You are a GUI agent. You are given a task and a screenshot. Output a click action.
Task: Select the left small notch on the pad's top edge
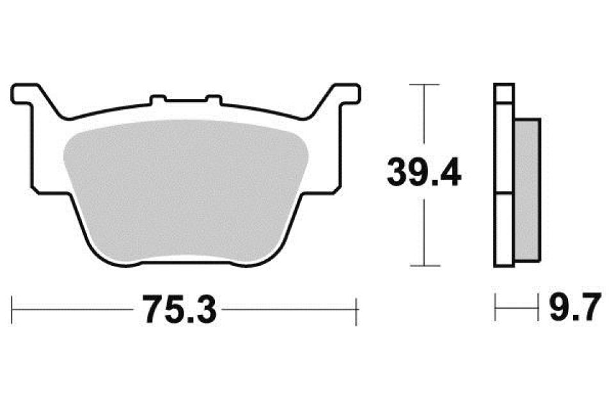(x=157, y=100)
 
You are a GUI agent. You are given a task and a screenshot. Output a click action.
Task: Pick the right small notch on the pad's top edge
(x=212, y=100)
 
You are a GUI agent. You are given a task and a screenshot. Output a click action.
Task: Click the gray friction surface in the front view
(x=185, y=192)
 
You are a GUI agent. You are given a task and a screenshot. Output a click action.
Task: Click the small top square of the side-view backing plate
(x=503, y=93)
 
